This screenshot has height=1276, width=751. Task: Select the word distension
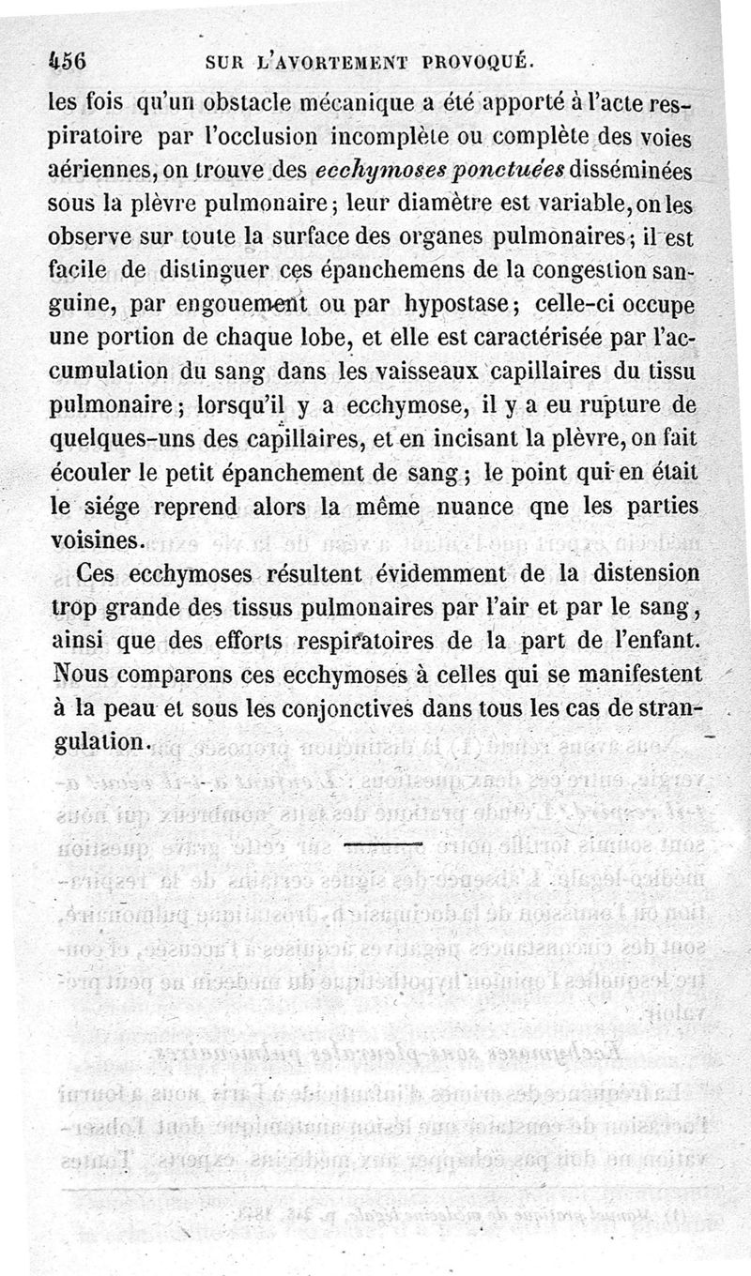[x=655, y=574]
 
